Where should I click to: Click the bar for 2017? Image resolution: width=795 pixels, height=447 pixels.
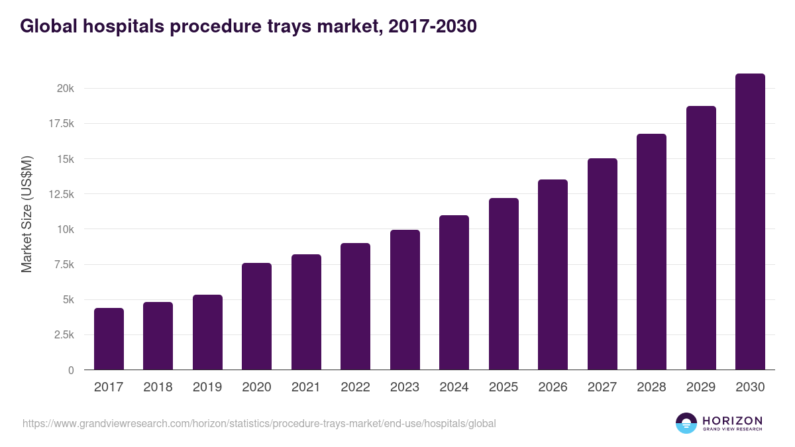click(109, 339)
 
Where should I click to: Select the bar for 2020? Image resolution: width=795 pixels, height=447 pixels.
click(256, 317)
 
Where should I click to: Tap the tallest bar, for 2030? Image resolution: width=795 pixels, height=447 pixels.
click(750, 222)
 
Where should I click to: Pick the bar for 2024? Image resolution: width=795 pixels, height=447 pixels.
click(454, 293)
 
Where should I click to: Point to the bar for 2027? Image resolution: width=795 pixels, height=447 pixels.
click(602, 264)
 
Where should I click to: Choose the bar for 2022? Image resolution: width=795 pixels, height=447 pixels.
click(355, 307)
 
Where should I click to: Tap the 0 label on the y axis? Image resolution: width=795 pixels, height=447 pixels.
click(70, 370)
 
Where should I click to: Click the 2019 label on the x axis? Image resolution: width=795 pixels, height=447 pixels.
click(207, 387)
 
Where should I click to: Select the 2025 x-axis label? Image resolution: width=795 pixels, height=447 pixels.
click(503, 387)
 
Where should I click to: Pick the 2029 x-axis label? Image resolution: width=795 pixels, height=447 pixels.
click(701, 387)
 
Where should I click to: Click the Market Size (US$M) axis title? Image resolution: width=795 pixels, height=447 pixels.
click(26, 214)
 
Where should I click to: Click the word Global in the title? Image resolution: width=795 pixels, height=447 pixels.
click(48, 26)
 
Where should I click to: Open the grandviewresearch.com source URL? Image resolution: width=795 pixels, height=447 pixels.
click(259, 423)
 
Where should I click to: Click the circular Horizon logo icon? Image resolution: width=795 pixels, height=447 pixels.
click(686, 423)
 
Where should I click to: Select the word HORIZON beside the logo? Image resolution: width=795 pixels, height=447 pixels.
click(732, 421)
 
